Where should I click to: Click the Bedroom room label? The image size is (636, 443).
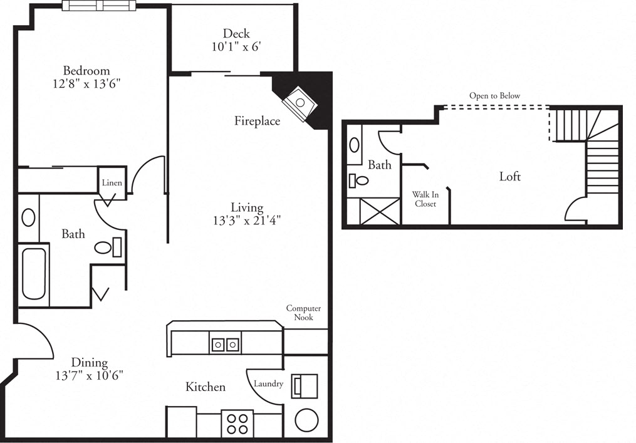pyautogui.click(x=86, y=71)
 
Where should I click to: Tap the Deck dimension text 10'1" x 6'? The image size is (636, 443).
pyautogui.click(x=236, y=46)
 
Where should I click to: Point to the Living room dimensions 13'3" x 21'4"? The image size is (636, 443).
pyautogui.click(x=247, y=220)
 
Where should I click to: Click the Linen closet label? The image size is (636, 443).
pyautogui.click(x=112, y=183)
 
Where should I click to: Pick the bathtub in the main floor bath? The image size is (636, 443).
pyautogui.click(x=34, y=274)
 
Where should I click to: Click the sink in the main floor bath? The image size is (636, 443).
pyautogui.click(x=28, y=217)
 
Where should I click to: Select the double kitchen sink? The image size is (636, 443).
pyautogui.click(x=225, y=344)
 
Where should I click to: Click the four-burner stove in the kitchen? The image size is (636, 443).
pyautogui.click(x=237, y=423)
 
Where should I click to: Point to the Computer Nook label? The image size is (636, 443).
pyautogui.click(x=304, y=313)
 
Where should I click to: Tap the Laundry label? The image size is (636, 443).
pyautogui.click(x=269, y=383)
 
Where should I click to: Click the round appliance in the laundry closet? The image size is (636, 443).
pyautogui.click(x=306, y=420)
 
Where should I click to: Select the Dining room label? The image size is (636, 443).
pyautogui.click(x=89, y=363)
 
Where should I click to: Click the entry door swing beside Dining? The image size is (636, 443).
pyautogui.click(x=34, y=341)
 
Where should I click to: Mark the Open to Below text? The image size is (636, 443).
pyautogui.click(x=495, y=96)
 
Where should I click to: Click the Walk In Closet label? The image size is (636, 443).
pyautogui.click(x=425, y=199)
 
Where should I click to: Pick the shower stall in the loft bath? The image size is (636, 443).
pyautogui.click(x=374, y=211)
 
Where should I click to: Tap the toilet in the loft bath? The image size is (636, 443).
pyautogui.click(x=360, y=181)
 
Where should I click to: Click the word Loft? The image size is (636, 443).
pyautogui.click(x=509, y=177)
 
